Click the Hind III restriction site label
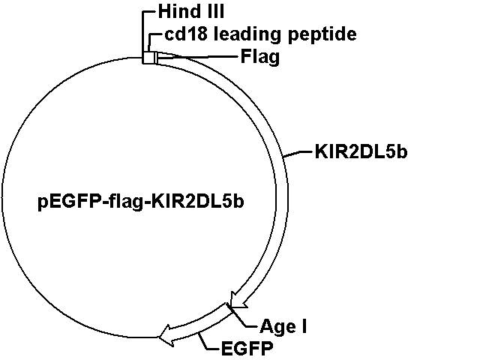coord(191,12)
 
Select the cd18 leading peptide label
coord(260,34)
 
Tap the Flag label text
coord(260,57)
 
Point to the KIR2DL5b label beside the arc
coord(361,151)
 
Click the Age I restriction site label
coord(283,326)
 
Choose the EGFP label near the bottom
coord(247,348)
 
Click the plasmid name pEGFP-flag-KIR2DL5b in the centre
coord(141,202)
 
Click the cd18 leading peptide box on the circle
coord(148,58)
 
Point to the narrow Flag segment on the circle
coord(157,58)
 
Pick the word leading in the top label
coord(247,35)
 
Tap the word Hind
coord(175,12)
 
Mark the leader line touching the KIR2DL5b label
coord(298,154)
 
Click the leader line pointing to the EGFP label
coord(208,341)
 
